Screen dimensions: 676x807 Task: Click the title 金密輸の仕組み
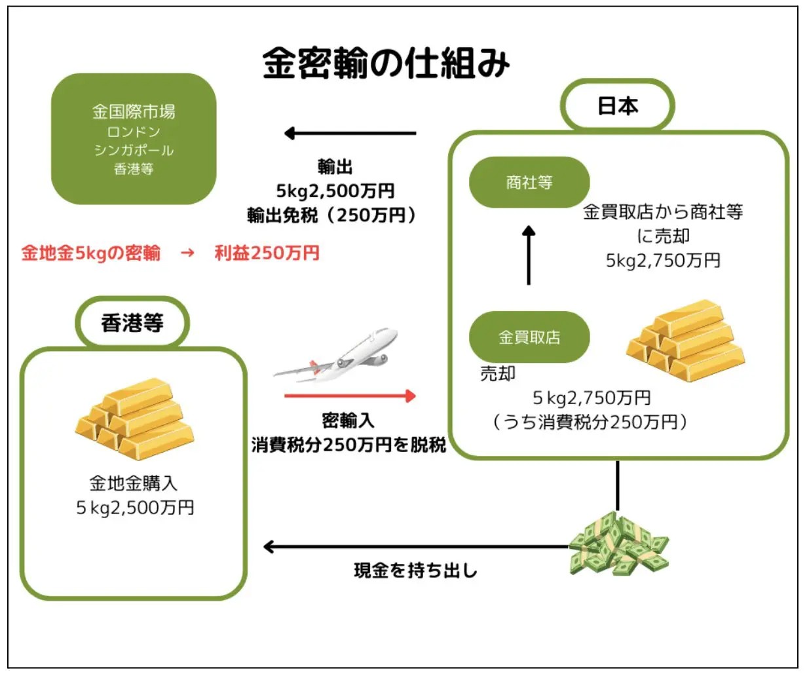click(x=386, y=64)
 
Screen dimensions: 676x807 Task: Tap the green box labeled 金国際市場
click(x=134, y=139)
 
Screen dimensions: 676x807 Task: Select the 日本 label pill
click(x=617, y=106)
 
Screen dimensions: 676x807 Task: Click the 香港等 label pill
click(x=132, y=323)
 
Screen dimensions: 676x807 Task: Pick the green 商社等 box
click(x=529, y=182)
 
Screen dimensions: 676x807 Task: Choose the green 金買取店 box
click(x=529, y=337)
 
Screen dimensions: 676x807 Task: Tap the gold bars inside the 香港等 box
click(x=134, y=419)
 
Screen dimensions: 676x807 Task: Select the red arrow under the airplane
click(x=350, y=396)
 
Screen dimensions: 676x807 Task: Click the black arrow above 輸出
click(x=350, y=134)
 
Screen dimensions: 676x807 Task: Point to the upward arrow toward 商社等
click(x=529, y=255)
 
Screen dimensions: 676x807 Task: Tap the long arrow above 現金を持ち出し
click(x=415, y=546)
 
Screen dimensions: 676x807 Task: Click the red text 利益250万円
click(x=267, y=253)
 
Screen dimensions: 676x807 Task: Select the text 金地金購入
click(x=134, y=483)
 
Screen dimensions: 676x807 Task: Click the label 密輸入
click(x=348, y=420)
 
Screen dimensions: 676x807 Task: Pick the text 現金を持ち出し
click(x=415, y=571)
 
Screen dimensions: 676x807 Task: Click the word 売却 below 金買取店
click(x=498, y=373)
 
